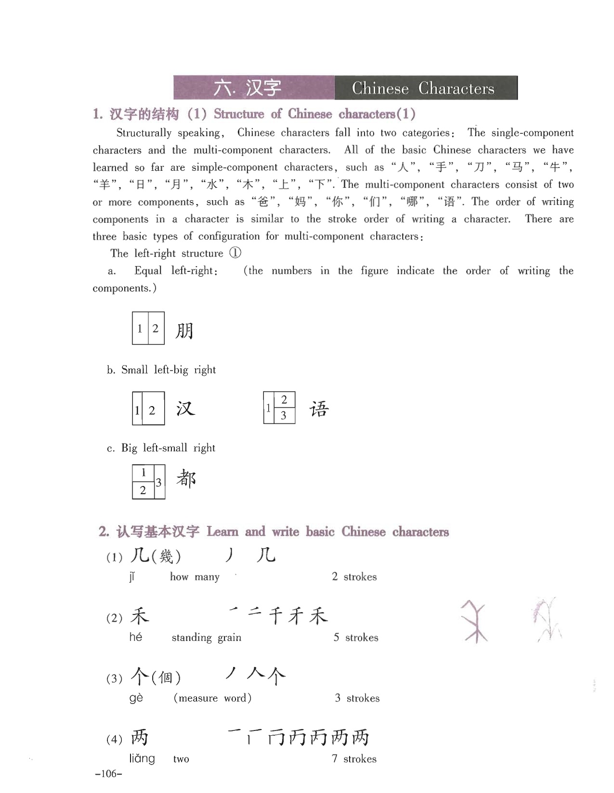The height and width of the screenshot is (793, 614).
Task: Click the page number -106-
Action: (109, 774)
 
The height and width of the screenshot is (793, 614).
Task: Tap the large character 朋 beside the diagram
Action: (184, 331)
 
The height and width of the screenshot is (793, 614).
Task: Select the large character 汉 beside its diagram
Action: (185, 409)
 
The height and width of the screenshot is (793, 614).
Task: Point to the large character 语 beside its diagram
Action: (319, 409)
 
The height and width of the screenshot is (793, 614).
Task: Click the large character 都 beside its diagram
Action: (186, 479)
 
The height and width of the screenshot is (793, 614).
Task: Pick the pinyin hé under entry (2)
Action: (136, 637)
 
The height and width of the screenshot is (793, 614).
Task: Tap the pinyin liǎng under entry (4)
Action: (142, 759)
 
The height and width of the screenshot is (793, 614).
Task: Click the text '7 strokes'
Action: (354, 759)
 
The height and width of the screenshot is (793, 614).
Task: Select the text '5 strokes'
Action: (356, 638)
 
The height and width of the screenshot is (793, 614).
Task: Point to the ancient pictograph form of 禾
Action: (476, 621)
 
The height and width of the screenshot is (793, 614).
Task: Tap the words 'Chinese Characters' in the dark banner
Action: (423, 89)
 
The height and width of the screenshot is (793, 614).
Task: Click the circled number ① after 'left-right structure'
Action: (235, 253)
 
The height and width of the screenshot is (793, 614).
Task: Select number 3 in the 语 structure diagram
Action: (284, 416)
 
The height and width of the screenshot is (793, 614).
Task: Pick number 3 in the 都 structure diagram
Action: (158, 482)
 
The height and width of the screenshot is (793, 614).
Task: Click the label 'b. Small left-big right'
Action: (161, 370)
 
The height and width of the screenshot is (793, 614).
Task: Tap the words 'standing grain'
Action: (206, 638)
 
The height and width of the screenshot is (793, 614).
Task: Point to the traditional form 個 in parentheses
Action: (165, 678)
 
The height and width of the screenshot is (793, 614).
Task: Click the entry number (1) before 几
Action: (114, 558)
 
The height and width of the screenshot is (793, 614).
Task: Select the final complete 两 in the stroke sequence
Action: (360, 738)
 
